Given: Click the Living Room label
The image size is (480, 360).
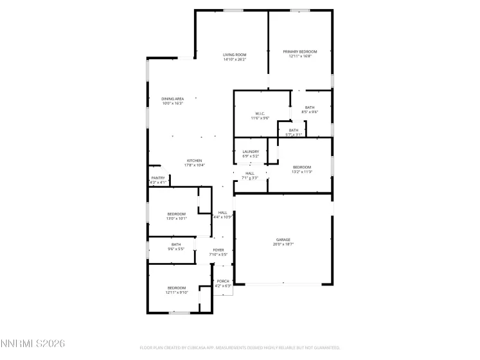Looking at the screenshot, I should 235,55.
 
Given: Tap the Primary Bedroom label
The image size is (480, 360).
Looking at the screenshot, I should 300,51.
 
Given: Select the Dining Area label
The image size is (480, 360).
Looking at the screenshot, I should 172,98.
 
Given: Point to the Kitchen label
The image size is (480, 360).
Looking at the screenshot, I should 195,160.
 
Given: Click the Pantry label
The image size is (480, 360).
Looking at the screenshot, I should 157,178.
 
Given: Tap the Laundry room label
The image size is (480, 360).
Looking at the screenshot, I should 251,152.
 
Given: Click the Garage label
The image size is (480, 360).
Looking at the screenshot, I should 283,239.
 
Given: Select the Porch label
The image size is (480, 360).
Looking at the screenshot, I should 223,281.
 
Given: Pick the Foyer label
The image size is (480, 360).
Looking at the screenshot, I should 218,250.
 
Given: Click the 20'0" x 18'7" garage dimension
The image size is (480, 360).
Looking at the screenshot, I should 283,244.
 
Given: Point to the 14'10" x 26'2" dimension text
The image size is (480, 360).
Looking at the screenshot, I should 235,60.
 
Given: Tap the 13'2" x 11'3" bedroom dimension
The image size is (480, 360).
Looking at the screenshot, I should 301,172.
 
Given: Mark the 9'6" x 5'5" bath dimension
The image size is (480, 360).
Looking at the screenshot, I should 176,249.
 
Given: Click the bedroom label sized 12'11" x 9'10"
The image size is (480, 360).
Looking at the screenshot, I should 177,287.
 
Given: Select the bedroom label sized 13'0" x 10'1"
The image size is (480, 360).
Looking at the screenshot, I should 177,213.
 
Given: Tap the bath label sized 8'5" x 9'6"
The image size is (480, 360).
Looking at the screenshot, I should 310,107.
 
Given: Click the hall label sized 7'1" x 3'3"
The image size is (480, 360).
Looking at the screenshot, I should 250,173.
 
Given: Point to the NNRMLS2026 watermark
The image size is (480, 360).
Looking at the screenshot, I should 33,345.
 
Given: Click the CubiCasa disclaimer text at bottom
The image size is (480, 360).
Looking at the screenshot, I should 240,348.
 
